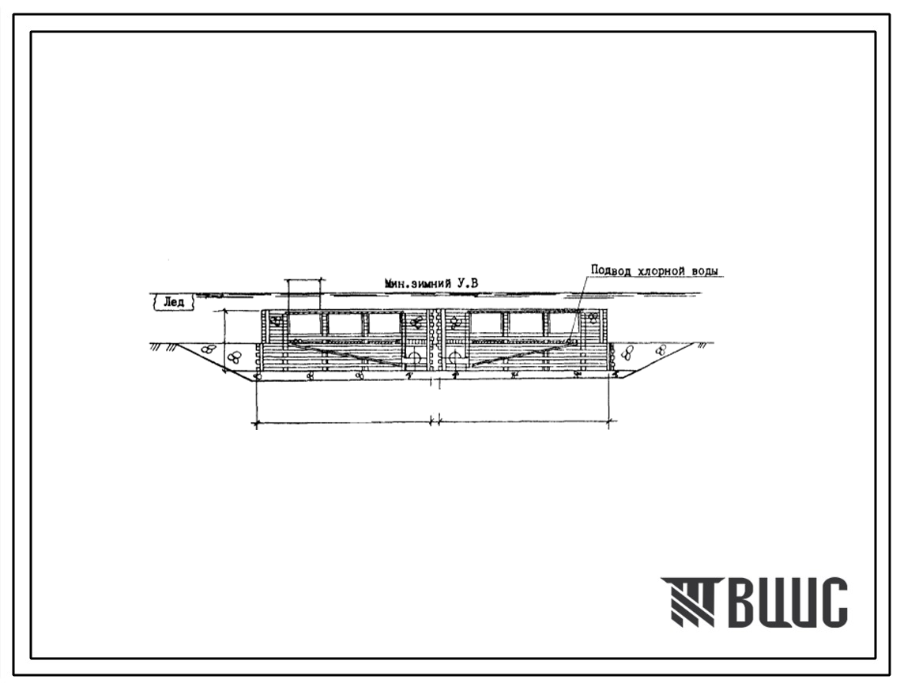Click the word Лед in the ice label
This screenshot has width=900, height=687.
point(174,301)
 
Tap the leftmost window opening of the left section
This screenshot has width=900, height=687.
point(305,325)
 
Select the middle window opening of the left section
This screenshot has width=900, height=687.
point(345,325)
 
